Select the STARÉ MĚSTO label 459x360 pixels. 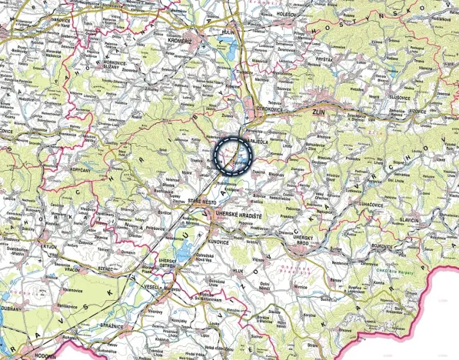[x=203, y=200]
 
